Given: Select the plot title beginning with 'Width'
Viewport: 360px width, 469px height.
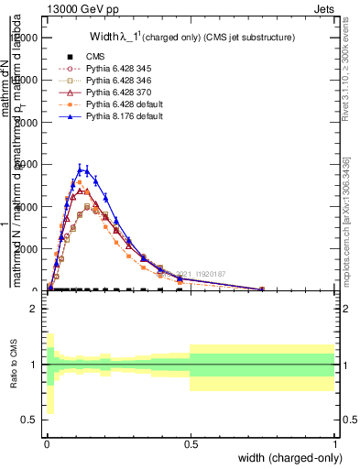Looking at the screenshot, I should (x=191, y=38).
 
